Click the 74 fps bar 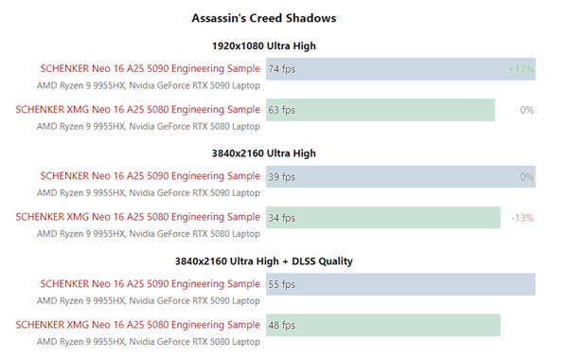[x=400, y=69]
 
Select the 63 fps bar [x=381, y=110]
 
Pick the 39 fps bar [x=400, y=177]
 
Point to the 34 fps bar [x=382, y=218]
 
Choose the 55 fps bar [x=400, y=284]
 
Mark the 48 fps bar [x=382, y=325]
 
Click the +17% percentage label [x=521, y=69]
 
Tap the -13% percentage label [x=523, y=218]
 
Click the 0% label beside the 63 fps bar [x=527, y=110]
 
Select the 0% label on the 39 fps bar [x=527, y=177]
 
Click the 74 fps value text [x=282, y=69]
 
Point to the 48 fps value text [x=282, y=325]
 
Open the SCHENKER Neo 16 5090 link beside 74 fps [x=150, y=68]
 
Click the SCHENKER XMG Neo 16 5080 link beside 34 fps [x=137, y=217]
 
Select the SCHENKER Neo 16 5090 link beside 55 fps [x=150, y=283]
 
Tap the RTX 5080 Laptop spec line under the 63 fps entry [x=148, y=126]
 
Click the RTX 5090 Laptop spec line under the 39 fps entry [x=148, y=192]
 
